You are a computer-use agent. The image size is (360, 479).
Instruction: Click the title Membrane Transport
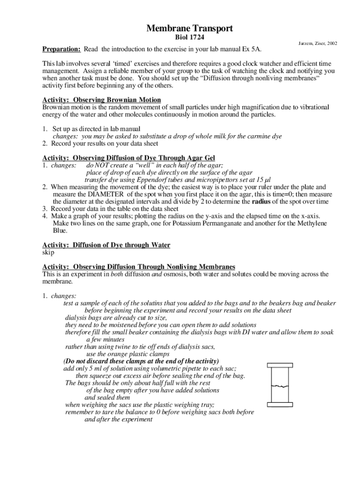(x=189, y=29)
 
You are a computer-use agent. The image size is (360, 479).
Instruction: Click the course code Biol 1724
(x=189, y=37)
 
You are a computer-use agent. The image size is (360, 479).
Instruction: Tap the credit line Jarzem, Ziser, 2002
(x=318, y=44)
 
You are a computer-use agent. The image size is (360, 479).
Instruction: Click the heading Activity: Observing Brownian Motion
(x=101, y=100)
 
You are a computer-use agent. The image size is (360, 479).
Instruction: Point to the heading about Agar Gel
(x=129, y=158)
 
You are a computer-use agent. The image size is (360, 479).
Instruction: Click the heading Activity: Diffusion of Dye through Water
(x=106, y=245)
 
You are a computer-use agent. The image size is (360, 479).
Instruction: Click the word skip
(x=49, y=253)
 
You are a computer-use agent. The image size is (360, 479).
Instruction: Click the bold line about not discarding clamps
(x=141, y=361)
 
